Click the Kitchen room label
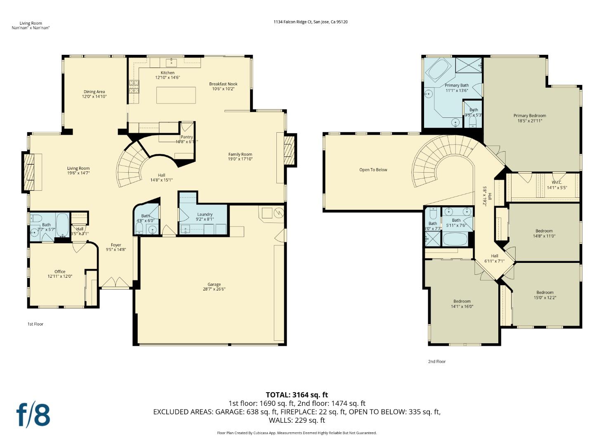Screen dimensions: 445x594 click(167, 73)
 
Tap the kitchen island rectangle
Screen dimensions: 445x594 click(176, 95)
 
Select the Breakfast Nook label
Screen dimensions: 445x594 click(223, 84)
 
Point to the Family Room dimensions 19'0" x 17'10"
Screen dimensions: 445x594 click(240, 159)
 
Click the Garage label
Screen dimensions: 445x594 click(214, 284)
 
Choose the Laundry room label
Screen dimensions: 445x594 click(205, 214)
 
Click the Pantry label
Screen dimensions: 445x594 click(186, 137)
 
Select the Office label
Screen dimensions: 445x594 click(60, 272)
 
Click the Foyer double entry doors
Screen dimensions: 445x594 click(116, 283)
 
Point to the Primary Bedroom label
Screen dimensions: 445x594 click(530, 116)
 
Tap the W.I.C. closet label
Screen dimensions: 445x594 click(557, 183)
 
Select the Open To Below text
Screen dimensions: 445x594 click(373, 170)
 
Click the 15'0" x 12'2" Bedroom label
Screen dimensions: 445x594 click(545, 293)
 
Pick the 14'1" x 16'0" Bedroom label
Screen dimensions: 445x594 click(462, 301)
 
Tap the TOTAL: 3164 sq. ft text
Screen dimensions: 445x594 click(297, 395)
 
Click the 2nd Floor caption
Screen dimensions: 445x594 click(437, 361)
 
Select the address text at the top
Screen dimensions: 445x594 click(310, 22)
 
